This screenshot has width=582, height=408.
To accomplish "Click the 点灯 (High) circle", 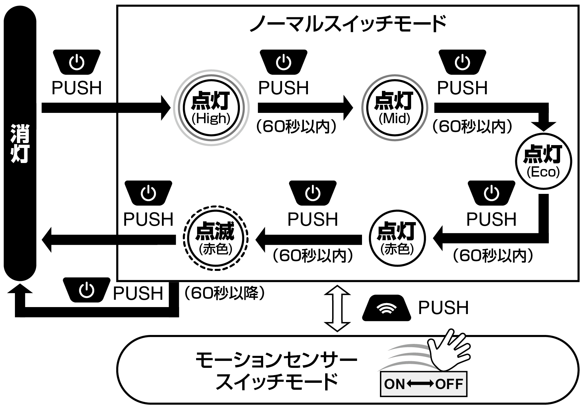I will tap(211, 108).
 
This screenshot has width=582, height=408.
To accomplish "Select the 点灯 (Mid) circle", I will tap(395, 108).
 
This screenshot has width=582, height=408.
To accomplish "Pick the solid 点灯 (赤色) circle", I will tap(397, 238).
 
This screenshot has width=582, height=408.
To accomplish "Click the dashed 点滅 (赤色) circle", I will tap(215, 238).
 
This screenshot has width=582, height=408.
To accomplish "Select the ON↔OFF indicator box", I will tap(423, 384).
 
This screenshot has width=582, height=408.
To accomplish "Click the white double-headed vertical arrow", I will tap(337, 308).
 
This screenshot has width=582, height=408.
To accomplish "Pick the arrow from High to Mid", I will tap(305, 108).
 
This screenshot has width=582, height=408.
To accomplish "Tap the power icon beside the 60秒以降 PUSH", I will tap(87, 290).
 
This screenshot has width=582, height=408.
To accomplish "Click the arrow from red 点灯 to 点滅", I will tap(309, 239).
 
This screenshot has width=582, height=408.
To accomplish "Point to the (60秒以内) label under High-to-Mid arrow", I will tap(296, 126).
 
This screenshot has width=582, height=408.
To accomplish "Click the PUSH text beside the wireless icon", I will tap(443, 308).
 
